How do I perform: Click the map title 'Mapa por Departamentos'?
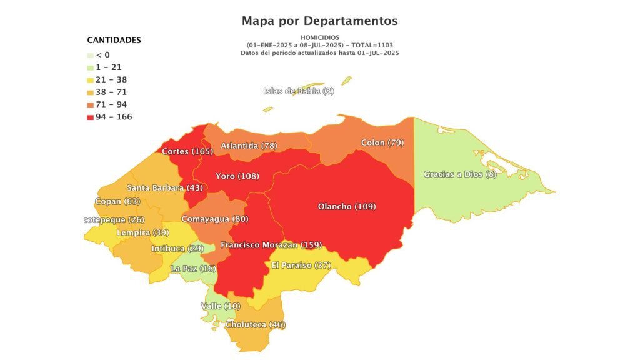click(x=319, y=21)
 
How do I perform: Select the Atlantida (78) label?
click(x=249, y=146)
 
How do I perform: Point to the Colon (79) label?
click(x=382, y=143)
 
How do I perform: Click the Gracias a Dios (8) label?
click(x=460, y=174)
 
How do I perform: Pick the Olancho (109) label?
click(x=347, y=207)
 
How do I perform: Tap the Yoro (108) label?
click(x=237, y=176)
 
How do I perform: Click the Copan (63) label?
click(x=118, y=202)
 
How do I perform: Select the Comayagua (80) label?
click(x=214, y=219)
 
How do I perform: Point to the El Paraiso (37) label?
click(x=301, y=266)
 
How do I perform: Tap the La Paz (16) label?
click(x=193, y=269)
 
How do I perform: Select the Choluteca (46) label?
click(x=255, y=325)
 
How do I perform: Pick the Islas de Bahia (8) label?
click(x=299, y=91)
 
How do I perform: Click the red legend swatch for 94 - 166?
click(x=91, y=117)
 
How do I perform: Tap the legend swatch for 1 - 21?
click(x=91, y=67)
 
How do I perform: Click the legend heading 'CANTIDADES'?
click(x=114, y=40)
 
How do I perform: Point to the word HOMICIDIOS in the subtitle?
click(x=319, y=37)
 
